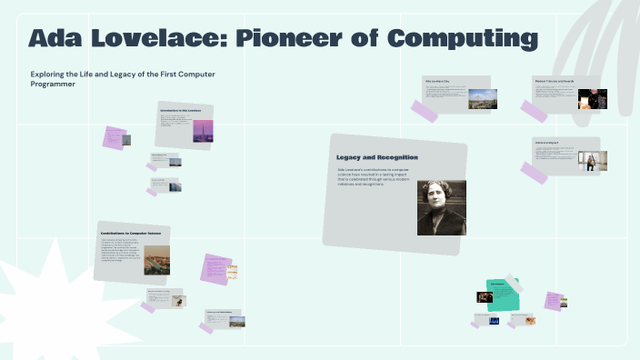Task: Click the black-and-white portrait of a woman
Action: [441, 207]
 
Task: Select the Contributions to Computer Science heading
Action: [130, 234]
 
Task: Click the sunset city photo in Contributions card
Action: [156, 260]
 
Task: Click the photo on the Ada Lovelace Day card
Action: [482, 98]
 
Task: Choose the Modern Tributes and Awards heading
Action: [554, 81]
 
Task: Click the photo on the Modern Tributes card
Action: [592, 98]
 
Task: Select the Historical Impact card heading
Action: [548, 143]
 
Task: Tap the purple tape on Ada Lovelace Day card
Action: [425, 111]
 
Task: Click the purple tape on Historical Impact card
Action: [534, 172]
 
